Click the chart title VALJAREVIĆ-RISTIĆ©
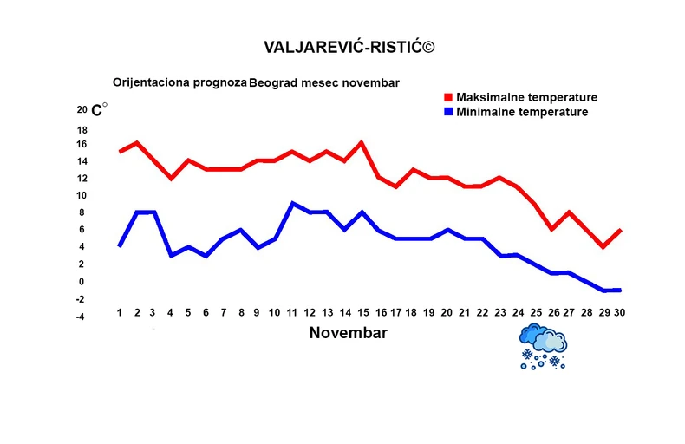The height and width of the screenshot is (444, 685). click(x=348, y=46)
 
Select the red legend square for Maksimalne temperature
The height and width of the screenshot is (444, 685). click(x=448, y=97)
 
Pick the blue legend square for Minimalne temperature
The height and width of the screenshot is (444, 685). click(x=448, y=112)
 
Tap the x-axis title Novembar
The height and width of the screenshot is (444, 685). click(x=348, y=333)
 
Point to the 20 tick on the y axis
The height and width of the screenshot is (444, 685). click(x=82, y=110)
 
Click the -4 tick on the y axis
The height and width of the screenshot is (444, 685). click(x=80, y=317)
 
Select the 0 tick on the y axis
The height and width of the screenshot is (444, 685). click(x=82, y=282)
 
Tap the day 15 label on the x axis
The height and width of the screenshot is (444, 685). click(x=361, y=312)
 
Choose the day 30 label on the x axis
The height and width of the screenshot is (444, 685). click(x=620, y=312)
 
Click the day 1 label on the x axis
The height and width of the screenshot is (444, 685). click(x=120, y=312)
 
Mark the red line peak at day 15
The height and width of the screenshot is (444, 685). click(x=361, y=143)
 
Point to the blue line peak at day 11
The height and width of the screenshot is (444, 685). click(x=292, y=204)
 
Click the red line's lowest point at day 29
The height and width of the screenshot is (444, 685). click(x=603, y=247)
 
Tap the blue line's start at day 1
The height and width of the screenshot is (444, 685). click(x=120, y=246)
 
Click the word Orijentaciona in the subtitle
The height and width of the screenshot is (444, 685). click(x=147, y=83)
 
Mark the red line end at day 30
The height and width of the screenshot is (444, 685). click(x=620, y=230)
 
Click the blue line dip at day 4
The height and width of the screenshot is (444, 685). click(x=171, y=256)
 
